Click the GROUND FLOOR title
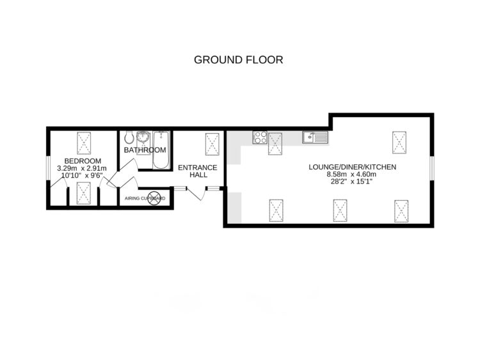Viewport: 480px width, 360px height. coord(239,60)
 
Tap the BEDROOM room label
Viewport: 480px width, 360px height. coord(83,160)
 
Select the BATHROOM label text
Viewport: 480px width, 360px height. coord(145,150)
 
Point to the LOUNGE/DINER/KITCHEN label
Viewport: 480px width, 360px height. coord(353,167)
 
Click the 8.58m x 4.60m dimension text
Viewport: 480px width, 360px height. coord(353,175)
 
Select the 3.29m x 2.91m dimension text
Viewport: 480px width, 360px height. coord(83,168)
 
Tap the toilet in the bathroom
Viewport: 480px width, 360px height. coord(129,136)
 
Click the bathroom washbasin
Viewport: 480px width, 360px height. coord(143,136)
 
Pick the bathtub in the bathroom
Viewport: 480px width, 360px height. coord(161,150)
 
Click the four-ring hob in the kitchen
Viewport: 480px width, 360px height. coord(260,136)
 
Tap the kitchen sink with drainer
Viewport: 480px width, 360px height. coord(315,136)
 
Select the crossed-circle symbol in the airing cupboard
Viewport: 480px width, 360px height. coord(154,198)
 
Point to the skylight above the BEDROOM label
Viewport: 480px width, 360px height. coord(83,141)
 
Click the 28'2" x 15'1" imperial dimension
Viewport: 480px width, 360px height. coord(353,182)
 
